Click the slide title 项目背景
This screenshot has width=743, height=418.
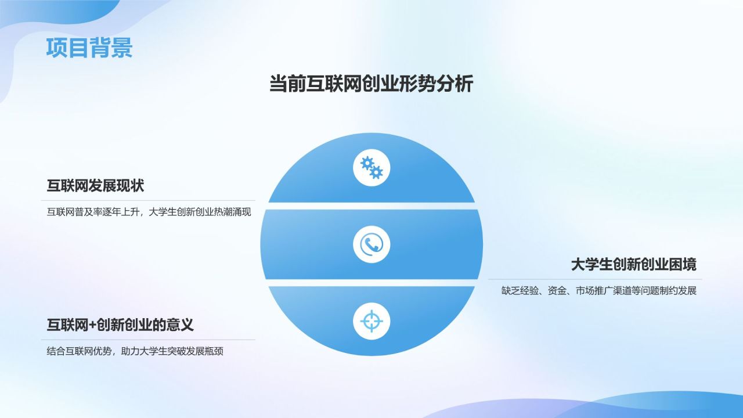(x=89, y=48)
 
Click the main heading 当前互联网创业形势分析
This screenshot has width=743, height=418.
(x=371, y=84)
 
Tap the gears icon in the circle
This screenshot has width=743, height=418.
(x=371, y=168)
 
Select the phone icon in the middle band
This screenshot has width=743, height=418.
(x=371, y=244)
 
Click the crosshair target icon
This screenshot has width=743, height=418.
(x=371, y=321)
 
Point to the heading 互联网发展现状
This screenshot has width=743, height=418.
(x=95, y=186)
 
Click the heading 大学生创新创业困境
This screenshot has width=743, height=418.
(x=633, y=265)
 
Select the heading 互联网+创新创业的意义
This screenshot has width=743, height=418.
(x=120, y=325)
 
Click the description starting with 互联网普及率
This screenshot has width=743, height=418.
(x=149, y=212)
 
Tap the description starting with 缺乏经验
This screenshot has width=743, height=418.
(x=598, y=291)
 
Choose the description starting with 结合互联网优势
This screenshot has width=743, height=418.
(x=135, y=351)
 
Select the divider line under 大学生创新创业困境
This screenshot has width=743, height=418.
(x=595, y=280)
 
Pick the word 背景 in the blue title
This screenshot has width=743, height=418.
(x=111, y=48)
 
